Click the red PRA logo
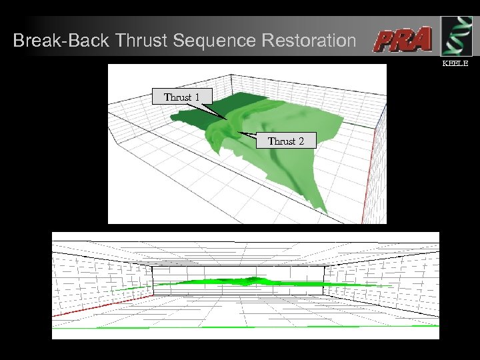403,40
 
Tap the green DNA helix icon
457,36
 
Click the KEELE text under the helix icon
456,64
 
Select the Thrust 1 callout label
182,97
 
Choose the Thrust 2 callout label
285,141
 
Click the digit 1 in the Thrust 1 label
197,97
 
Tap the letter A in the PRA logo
421,39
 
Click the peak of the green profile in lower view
252,278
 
